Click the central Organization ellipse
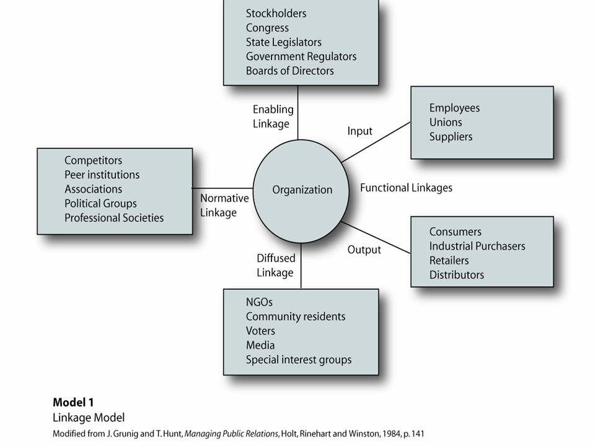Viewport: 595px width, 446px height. [x=302, y=190]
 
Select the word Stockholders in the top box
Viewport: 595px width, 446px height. [x=276, y=13]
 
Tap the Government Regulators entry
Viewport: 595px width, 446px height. [x=301, y=56]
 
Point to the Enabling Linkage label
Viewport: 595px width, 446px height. [x=273, y=116]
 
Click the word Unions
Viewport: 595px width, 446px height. [x=446, y=122]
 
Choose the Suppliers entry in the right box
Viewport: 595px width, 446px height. [x=451, y=136]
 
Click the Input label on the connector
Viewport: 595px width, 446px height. [x=359, y=131]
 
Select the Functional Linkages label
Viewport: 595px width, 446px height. [x=406, y=188]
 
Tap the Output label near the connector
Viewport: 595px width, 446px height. [x=364, y=250]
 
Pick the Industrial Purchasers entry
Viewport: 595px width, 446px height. [x=477, y=246]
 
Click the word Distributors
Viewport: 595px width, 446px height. [x=456, y=274]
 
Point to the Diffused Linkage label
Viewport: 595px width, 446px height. [x=275, y=265]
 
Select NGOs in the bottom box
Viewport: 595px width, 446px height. [x=259, y=302]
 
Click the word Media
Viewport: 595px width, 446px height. [x=260, y=345]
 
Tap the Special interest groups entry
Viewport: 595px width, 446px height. [x=298, y=359]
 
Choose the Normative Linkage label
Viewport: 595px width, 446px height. [x=224, y=205]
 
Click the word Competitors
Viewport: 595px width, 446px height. [x=93, y=160]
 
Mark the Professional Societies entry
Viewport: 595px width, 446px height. [x=114, y=217]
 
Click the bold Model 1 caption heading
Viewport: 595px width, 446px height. [x=73, y=402]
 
